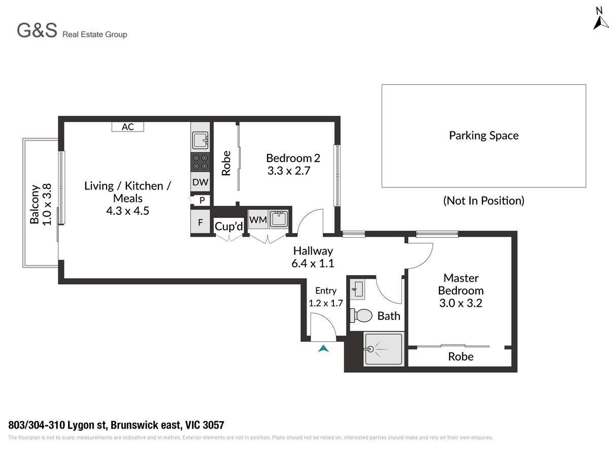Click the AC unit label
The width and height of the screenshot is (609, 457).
[x=127, y=127]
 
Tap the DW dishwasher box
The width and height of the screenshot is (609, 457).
[x=200, y=182]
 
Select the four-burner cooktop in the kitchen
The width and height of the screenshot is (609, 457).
[x=200, y=162]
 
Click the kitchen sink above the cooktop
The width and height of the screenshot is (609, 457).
[x=200, y=141]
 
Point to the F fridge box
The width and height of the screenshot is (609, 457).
[x=200, y=222]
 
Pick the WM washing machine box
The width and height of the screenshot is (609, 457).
[x=258, y=219]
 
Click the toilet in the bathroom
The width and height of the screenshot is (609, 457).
[x=361, y=316]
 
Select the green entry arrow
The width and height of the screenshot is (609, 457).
[x=323, y=348]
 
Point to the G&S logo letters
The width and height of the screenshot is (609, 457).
[x=37, y=30]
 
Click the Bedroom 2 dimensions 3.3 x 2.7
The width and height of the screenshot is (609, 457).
[x=289, y=171]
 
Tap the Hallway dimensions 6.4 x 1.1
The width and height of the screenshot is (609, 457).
[x=313, y=263]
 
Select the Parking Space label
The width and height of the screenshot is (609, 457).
[x=484, y=136]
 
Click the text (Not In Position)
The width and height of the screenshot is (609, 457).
[x=484, y=201]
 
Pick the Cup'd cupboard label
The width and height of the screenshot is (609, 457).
[x=229, y=226]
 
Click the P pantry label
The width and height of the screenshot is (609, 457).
[x=202, y=200]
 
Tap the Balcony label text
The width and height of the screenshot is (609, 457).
[x=35, y=204]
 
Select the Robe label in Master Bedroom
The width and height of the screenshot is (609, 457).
[x=461, y=356]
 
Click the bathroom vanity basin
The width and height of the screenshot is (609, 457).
[x=357, y=289]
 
